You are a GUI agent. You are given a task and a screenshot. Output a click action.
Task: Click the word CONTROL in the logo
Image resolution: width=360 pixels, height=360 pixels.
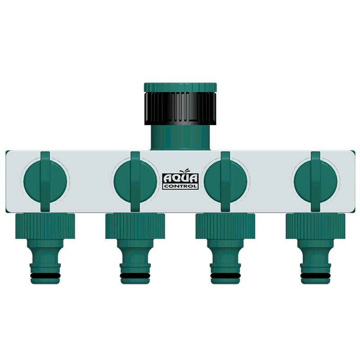(180, 185)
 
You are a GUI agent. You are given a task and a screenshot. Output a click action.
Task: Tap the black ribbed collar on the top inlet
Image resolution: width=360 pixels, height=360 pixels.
(180, 108)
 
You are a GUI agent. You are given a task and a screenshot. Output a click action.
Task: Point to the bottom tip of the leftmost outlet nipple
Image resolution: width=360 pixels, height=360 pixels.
(45, 282)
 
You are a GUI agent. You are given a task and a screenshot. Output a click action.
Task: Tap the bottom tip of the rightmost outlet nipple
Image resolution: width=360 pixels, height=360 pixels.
(315, 282)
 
